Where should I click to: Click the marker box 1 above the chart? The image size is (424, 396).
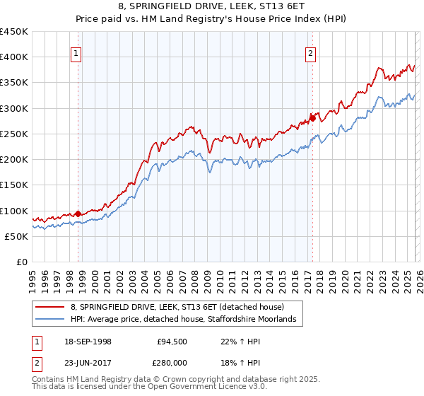(x=76, y=52)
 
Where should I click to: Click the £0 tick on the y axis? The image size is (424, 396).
(x=23, y=262)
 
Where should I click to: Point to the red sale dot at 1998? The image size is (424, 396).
(x=78, y=214)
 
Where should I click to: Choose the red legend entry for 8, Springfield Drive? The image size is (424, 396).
(x=177, y=308)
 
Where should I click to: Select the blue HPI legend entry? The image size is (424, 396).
(x=187, y=320)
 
